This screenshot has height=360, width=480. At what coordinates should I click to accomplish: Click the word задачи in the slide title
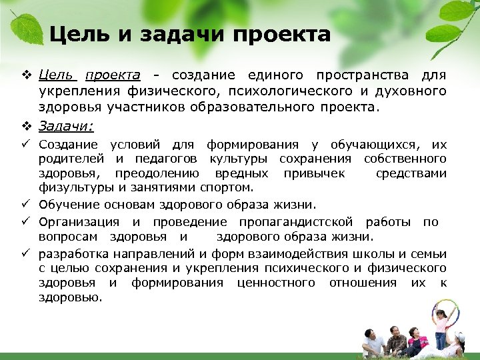pos(173,35)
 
